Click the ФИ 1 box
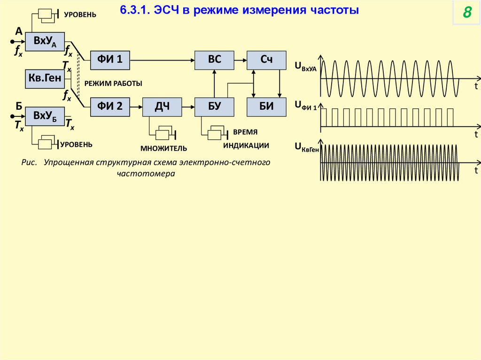110,60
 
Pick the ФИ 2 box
110,107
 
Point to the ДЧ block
162,107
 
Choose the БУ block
214,107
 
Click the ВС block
214,60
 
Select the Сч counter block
266,60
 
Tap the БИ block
266,107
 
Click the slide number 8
467,13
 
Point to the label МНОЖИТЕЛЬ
164,148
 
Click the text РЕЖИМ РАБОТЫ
113,83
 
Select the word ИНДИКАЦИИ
246,146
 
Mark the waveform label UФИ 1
306,106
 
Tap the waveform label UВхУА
306,68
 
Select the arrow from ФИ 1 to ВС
162,60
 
